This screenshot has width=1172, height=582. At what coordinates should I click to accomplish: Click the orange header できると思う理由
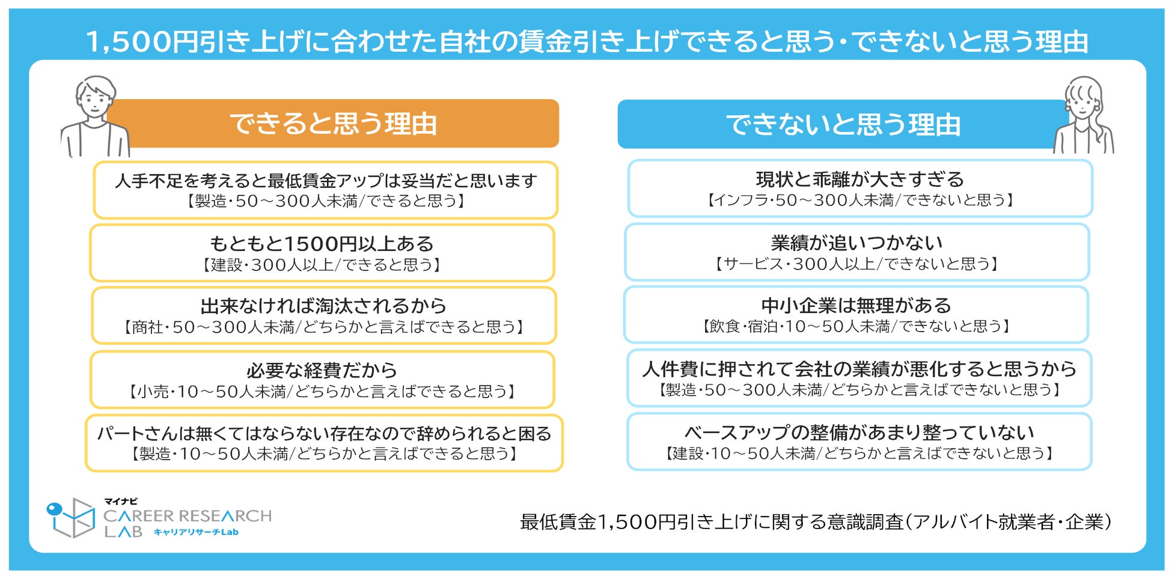(x=334, y=124)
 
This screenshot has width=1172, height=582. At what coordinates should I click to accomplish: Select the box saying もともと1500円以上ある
(x=322, y=253)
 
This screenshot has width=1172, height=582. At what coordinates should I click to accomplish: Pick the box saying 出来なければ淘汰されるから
(x=323, y=315)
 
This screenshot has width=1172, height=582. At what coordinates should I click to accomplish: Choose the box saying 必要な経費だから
(x=322, y=380)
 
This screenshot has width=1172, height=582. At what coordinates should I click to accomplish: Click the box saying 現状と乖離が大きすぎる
(x=859, y=189)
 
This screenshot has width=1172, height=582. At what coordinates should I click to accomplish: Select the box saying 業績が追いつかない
(x=857, y=252)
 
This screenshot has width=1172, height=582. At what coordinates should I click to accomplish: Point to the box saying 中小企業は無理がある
(x=856, y=315)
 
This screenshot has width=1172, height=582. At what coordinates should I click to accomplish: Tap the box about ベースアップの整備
(x=859, y=441)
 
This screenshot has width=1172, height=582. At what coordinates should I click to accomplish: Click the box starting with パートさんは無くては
(x=324, y=443)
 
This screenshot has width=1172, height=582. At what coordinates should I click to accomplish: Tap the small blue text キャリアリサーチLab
(x=196, y=532)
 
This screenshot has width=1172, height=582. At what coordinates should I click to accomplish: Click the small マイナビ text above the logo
(x=121, y=502)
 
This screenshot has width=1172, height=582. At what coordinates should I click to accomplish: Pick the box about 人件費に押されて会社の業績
(x=859, y=378)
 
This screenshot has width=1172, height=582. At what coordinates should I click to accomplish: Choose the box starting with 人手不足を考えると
(x=325, y=190)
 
